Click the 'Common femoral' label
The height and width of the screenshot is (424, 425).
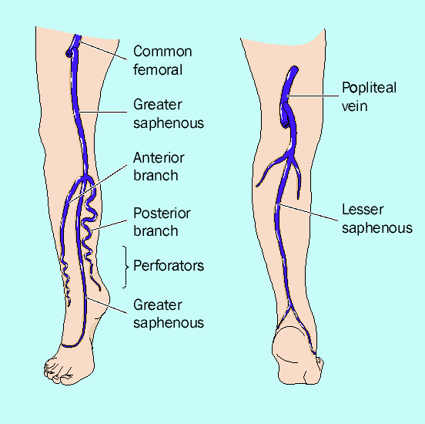click(x=162, y=61)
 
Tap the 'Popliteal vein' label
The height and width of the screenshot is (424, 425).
click(x=369, y=96)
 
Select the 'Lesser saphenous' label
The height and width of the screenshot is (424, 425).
click(x=377, y=218)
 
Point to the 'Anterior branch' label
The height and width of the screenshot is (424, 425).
click(x=159, y=167)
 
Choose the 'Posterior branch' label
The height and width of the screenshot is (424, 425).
click(x=162, y=222)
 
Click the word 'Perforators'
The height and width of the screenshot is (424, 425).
click(x=169, y=265)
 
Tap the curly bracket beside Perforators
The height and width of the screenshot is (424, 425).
click(x=125, y=267)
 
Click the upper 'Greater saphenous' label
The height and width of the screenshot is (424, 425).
click(x=169, y=113)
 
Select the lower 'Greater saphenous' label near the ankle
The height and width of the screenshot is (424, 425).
click(x=169, y=314)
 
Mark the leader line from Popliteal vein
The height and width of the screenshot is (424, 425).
click(x=313, y=96)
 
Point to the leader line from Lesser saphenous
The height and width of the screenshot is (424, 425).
click(x=309, y=212)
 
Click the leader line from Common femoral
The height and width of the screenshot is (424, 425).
click(x=103, y=50)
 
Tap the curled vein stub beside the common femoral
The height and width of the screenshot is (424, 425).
click(x=70, y=52)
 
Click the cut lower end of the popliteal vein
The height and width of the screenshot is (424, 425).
click(x=286, y=125)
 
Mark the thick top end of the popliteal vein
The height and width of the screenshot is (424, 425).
click(x=293, y=69)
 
